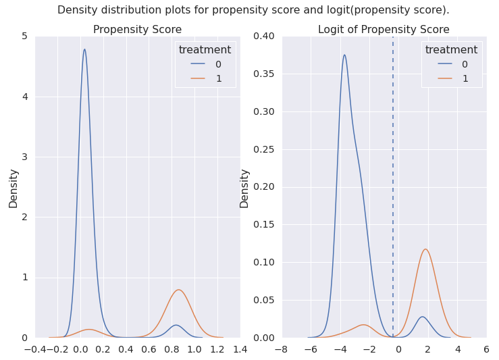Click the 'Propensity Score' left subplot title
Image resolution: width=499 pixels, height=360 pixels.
click(137, 30)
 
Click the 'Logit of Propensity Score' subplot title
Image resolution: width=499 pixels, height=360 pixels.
click(384, 30)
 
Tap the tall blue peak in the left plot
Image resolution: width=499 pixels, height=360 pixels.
click(84, 49)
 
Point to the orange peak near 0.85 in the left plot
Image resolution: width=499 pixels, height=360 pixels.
click(178, 290)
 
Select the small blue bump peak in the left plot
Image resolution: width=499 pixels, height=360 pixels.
click(176, 325)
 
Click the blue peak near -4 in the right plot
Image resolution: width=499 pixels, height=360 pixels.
click(344, 55)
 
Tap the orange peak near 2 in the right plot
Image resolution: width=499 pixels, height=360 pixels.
click(425, 249)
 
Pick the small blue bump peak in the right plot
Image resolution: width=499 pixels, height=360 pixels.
click(422, 317)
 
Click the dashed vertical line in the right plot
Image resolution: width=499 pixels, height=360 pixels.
click(393, 187)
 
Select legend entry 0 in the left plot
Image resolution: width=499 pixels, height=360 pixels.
click(206, 64)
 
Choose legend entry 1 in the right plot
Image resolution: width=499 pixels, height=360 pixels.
click(453, 78)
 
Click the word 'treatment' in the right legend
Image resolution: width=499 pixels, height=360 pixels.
click(451, 50)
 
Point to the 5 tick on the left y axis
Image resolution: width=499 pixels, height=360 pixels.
click(25, 36)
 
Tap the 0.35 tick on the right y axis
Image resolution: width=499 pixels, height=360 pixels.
click(264, 74)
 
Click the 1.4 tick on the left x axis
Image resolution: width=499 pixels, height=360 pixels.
click(240, 349)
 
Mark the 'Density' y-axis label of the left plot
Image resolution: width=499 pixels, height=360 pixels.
click(14, 188)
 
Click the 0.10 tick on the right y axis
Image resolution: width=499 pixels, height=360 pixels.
click(264, 262)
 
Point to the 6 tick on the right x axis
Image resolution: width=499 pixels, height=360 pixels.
click(486, 349)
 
